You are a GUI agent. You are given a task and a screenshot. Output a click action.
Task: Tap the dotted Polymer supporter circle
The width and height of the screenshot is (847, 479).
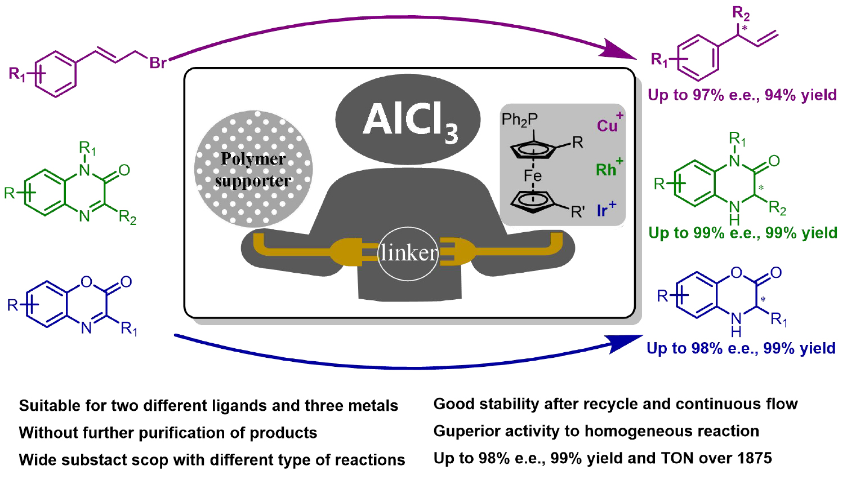pos(253,169)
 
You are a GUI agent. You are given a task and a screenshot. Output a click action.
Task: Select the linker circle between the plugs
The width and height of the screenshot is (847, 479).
pos(408,253)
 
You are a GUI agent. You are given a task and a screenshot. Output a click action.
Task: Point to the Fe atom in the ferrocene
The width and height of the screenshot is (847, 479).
pos(532,176)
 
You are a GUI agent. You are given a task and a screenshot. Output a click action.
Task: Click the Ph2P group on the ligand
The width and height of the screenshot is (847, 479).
pos(519,120)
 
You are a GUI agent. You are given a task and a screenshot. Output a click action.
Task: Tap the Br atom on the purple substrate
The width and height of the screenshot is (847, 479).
pos(158,63)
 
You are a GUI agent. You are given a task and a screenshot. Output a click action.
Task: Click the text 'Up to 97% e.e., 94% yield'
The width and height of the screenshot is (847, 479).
pos(742,95)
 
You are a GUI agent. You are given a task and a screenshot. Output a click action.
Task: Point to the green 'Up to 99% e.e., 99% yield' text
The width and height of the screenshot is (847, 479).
pos(742,233)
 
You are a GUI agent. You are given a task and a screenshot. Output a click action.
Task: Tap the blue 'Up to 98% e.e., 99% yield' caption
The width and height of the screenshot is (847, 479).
pos(741,348)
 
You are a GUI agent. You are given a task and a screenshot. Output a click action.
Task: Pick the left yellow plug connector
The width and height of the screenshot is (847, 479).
pos(344,252)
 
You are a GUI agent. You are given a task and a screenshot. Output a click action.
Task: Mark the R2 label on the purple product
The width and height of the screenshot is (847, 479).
pos(741,12)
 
